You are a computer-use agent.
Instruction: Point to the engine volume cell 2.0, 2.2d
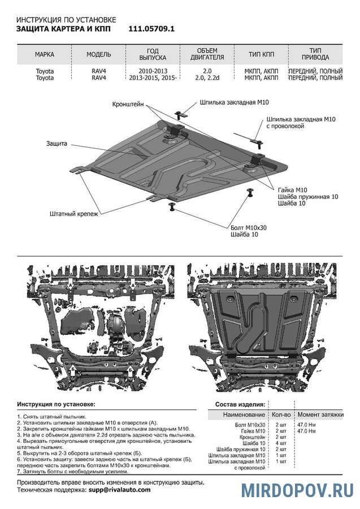[207, 78]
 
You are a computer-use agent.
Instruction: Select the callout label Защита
[57, 144]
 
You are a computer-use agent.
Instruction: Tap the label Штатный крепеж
[73, 214]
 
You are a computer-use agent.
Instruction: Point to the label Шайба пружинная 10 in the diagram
[308, 196]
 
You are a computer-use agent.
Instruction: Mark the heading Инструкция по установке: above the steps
[57, 405]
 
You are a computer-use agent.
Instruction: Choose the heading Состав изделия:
[240, 405]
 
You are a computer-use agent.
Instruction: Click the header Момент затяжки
[320, 415]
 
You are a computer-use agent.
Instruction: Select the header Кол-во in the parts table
[281, 415]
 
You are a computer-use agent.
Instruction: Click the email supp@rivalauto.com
[119, 489]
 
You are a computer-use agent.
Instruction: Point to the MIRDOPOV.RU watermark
[298, 490]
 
